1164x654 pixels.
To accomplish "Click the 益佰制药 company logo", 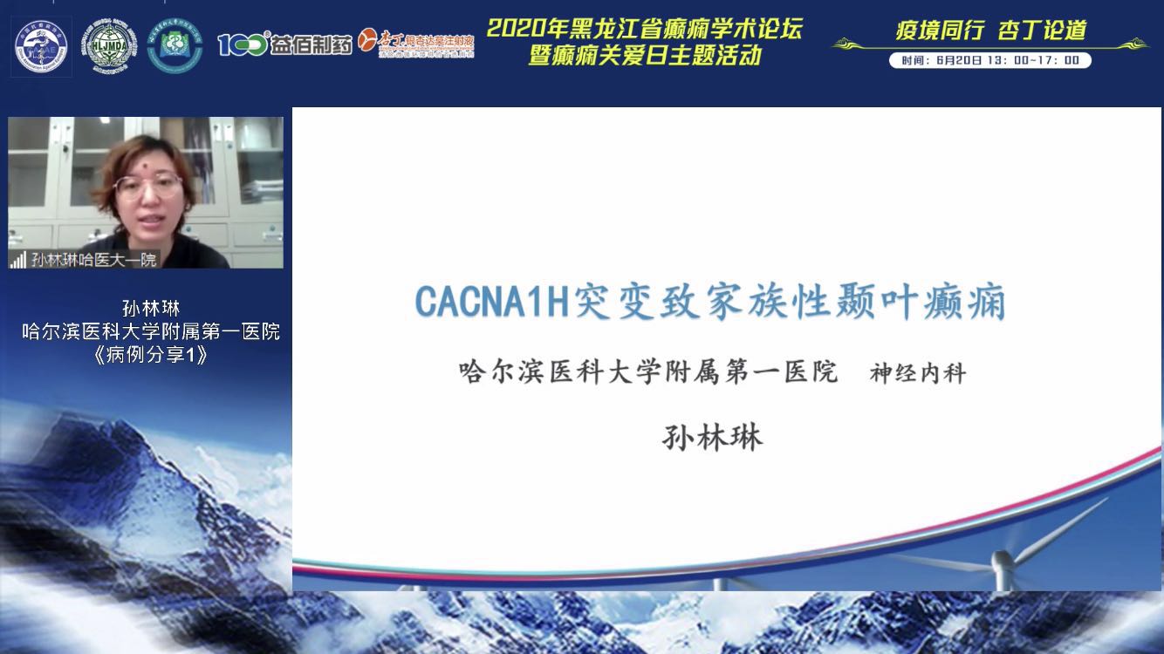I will pos(284,44).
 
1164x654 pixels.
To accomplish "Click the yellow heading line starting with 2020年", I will pos(644,29).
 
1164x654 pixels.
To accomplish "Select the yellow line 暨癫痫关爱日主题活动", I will pos(644,56).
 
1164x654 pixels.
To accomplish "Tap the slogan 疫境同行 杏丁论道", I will pos(990,31).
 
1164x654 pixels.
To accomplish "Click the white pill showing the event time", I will pos(989,60).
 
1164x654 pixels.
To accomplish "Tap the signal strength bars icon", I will pos(17,260).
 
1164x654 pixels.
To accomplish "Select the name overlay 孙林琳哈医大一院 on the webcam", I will pos(93,259).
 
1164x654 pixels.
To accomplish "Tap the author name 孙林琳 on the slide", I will pos(713,436).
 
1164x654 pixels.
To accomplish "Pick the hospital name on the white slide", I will pos(647,372).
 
